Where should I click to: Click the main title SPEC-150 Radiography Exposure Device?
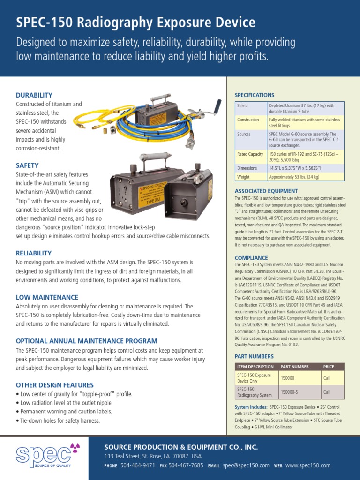(136, 22)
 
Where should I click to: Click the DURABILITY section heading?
(34, 95)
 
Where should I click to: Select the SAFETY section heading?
(27, 165)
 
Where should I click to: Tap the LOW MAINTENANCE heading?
(47, 297)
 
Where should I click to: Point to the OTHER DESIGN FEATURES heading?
(55, 385)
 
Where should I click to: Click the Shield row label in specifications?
(242, 106)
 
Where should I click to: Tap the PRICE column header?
(329, 366)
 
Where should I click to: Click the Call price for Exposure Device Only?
(327, 377)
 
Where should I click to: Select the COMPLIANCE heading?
(251, 258)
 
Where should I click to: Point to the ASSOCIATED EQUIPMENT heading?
(266, 191)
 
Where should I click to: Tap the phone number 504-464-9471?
(138, 465)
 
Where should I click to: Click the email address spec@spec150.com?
(246, 465)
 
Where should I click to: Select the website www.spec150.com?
(308, 465)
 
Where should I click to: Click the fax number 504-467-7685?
(186, 465)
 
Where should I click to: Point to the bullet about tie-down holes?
(58, 420)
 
